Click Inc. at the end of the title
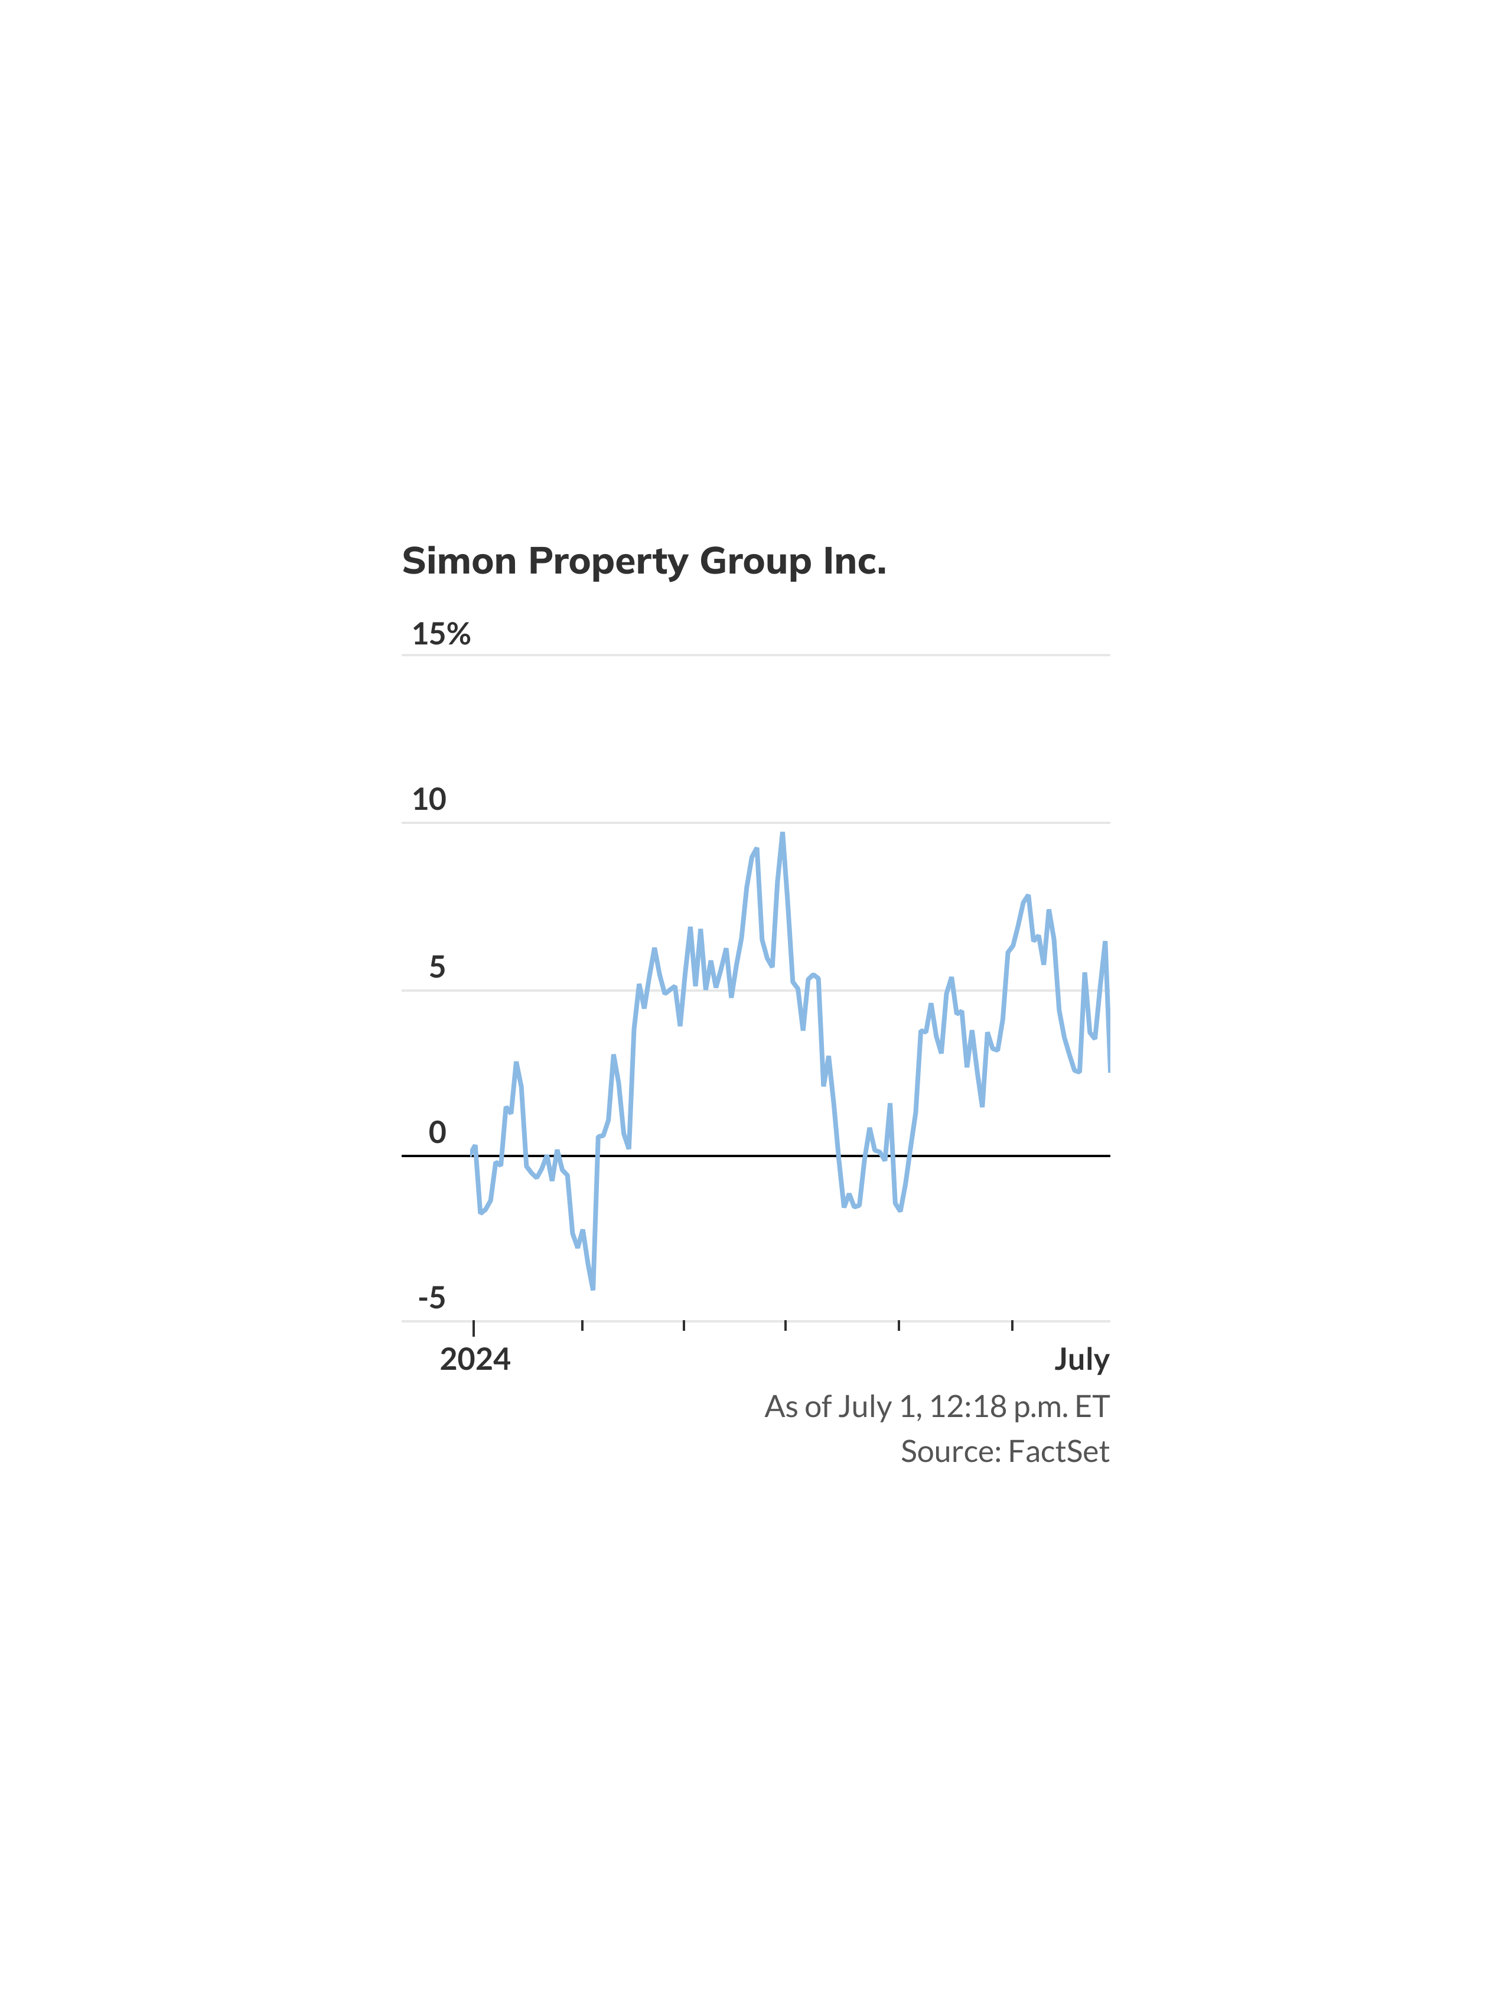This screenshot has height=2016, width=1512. [x=855, y=561]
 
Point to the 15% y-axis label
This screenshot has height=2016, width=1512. [x=441, y=633]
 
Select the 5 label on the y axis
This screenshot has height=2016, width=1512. [x=438, y=967]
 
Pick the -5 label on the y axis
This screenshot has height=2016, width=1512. [x=432, y=1298]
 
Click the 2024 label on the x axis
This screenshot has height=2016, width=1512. [x=475, y=1360]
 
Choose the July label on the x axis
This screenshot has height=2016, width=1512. [x=1082, y=1360]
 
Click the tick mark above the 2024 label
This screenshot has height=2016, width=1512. [x=474, y=1328]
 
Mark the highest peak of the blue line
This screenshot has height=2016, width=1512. [x=782, y=834]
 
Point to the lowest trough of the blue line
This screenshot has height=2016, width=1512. [x=592, y=1288]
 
